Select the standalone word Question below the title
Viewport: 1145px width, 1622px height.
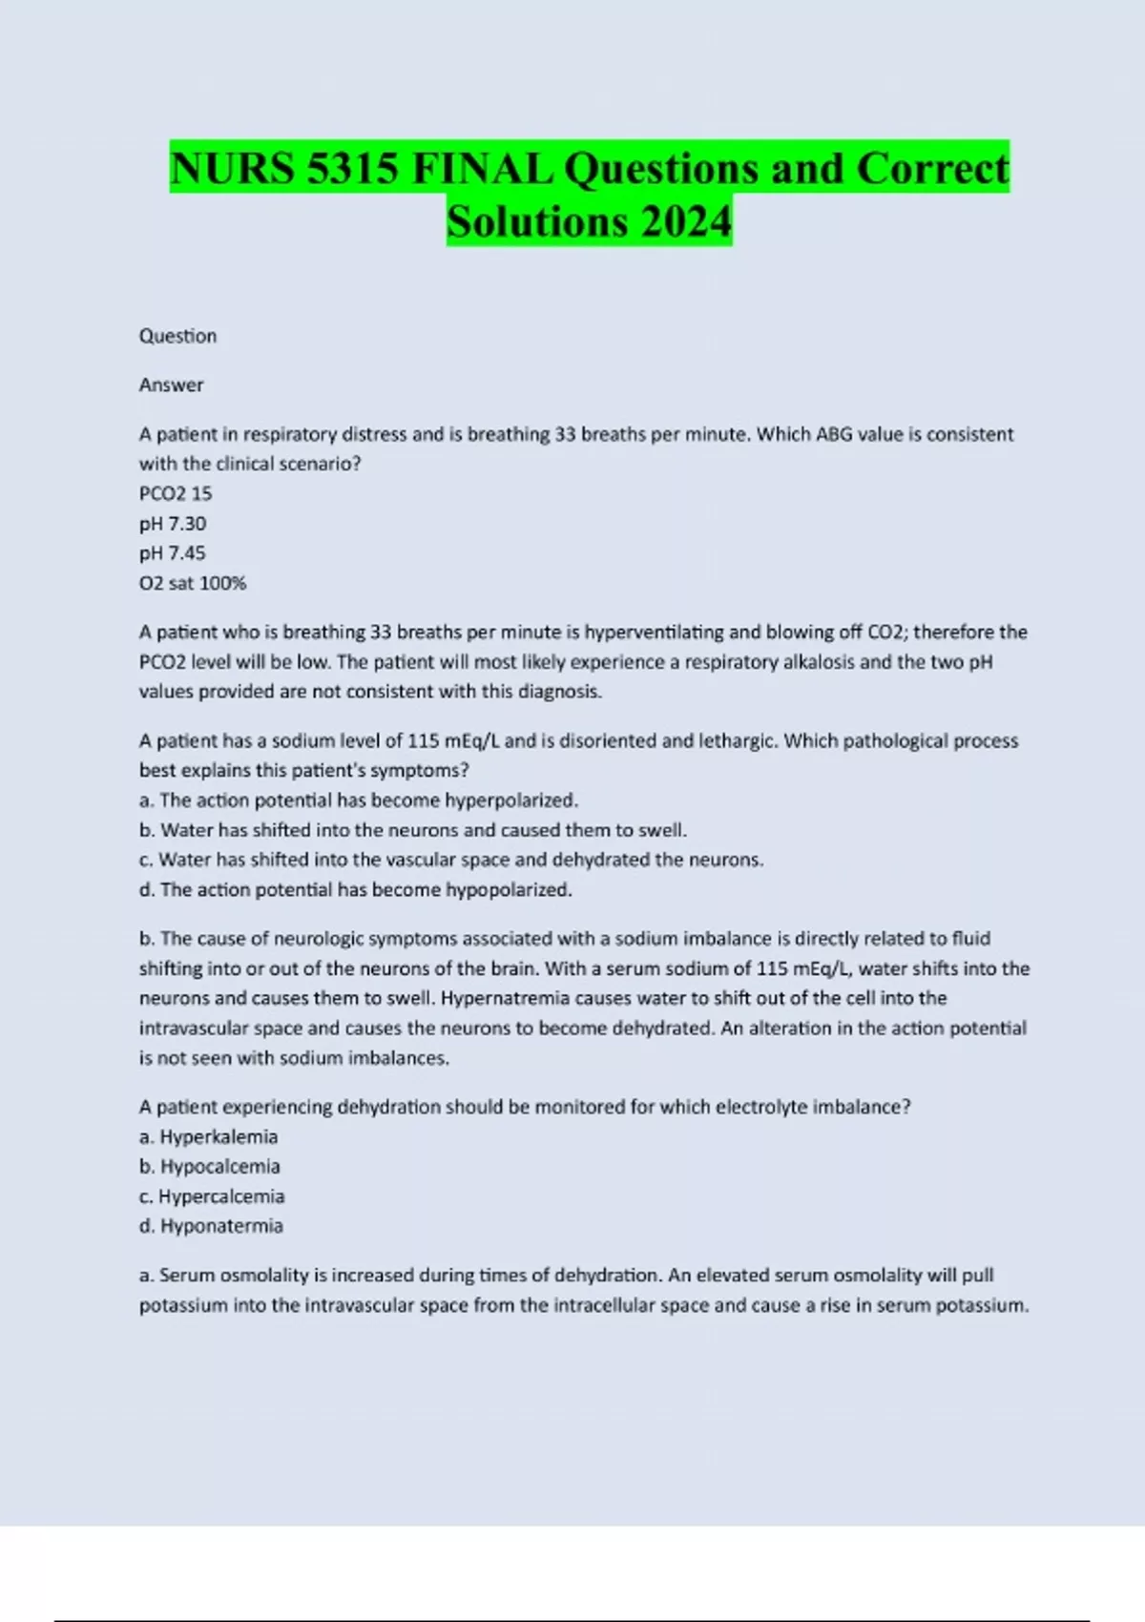tap(177, 336)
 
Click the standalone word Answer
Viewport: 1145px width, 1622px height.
tap(172, 385)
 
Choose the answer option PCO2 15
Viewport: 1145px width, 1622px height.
tap(176, 493)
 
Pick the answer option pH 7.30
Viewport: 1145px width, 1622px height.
tap(173, 524)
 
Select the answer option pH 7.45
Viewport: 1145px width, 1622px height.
tap(173, 553)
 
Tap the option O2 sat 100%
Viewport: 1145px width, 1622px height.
tap(193, 583)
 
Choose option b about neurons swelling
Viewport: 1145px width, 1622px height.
tap(413, 830)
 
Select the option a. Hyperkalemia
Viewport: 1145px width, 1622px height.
tap(209, 1137)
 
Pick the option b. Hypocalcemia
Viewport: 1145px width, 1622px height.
tap(210, 1167)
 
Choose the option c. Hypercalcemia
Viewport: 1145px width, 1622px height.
tap(212, 1196)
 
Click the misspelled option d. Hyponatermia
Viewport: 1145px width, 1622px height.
tap(211, 1226)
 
